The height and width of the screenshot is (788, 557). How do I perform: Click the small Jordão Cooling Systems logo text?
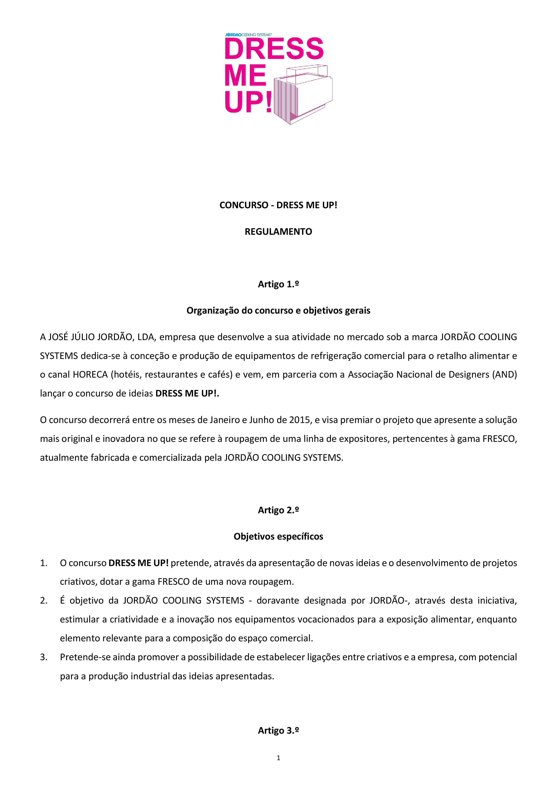tap(248, 35)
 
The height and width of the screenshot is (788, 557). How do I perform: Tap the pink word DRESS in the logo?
tap(274, 49)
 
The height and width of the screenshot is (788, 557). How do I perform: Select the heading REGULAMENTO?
tap(278, 232)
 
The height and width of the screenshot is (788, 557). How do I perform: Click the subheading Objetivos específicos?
tap(278, 536)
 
